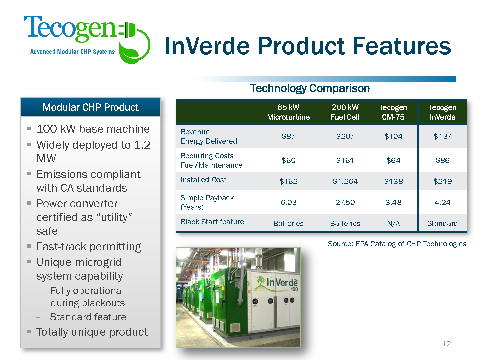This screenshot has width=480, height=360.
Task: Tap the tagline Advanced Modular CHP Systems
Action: [x=72, y=52]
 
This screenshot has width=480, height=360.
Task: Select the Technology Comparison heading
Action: [x=310, y=88]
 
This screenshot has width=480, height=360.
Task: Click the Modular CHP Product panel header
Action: [x=91, y=107]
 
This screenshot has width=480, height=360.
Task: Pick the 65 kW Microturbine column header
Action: [x=288, y=112]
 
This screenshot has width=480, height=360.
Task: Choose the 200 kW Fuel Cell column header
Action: [x=345, y=112]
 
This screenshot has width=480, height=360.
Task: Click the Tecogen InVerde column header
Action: [x=442, y=112]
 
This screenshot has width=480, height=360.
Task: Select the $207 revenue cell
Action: [x=345, y=136]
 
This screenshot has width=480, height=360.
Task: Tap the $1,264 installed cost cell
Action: [x=345, y=181]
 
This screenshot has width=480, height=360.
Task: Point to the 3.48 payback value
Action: [x=393, y=202]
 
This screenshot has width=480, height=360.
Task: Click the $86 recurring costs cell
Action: [x=442, y=160]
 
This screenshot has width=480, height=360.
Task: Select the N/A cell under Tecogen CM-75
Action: [x=393, y=223]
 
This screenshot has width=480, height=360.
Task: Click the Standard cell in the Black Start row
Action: [x=442, y=223]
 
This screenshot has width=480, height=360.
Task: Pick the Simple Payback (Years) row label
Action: [x=207, y=202]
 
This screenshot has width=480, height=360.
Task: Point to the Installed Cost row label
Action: [x=203, y=180]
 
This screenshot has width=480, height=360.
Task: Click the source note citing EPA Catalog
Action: [x=397, y=244]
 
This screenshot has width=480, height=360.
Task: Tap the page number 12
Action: [x=446, y=344]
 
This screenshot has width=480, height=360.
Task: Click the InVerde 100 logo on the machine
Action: [x=276, y=283]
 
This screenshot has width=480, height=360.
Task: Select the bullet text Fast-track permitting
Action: [x=89, y=247]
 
